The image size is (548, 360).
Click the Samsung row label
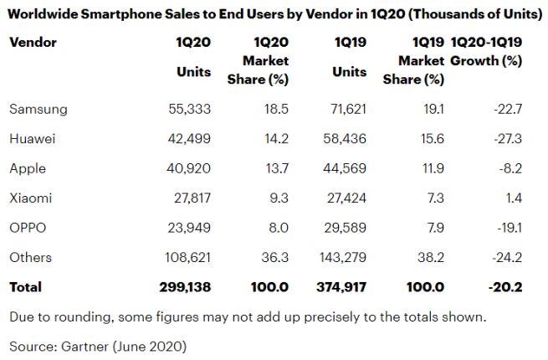pyautogui.click(x=38, y=109)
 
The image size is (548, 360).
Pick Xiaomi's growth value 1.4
pyautogui.click(x=514, y=198)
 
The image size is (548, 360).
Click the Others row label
pyautogui.click(x=30, y=257)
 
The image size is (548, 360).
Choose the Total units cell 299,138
pyautogui.click(x=184, y=287)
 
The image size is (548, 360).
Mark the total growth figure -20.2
pyautogui.click(x=504, y=287)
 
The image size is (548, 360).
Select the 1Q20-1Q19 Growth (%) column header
pyautogui.click(x=486, y=52)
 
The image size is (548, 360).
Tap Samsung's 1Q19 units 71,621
pyautogui.click(x=344, y=109)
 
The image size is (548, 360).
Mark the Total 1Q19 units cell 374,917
pyautogui.click(x=340, y=287)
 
